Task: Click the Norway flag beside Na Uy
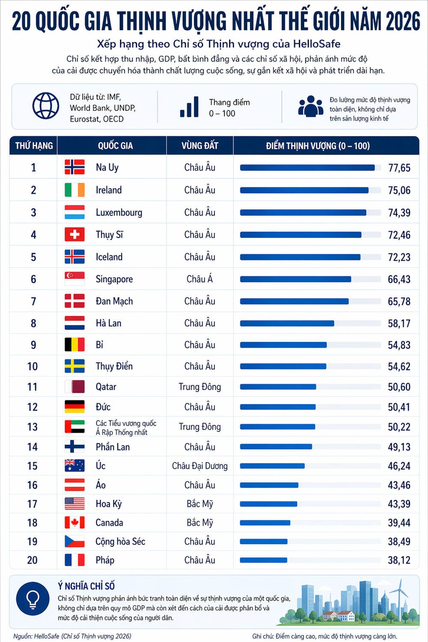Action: [74, 167]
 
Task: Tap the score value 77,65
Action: [399, 168]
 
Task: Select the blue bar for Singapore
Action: [295, 279]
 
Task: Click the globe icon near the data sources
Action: [46, 106]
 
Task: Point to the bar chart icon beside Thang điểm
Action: [189, 107]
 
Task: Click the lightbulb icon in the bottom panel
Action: [33, 598]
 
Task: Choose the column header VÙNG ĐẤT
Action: [199, 146]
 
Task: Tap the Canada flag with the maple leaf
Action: [74, 523]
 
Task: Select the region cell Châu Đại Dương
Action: [199, 466]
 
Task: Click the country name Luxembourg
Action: [119, 213]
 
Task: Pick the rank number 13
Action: [33, 427]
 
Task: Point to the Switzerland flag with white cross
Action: [74, 235]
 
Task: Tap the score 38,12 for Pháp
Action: [399, 560]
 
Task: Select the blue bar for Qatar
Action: [278, 387]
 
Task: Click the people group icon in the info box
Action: [310, 106]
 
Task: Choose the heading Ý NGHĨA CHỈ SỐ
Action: [86, 586]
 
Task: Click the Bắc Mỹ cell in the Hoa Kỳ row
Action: [199, 504]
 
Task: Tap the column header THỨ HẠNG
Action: [34, 146]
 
